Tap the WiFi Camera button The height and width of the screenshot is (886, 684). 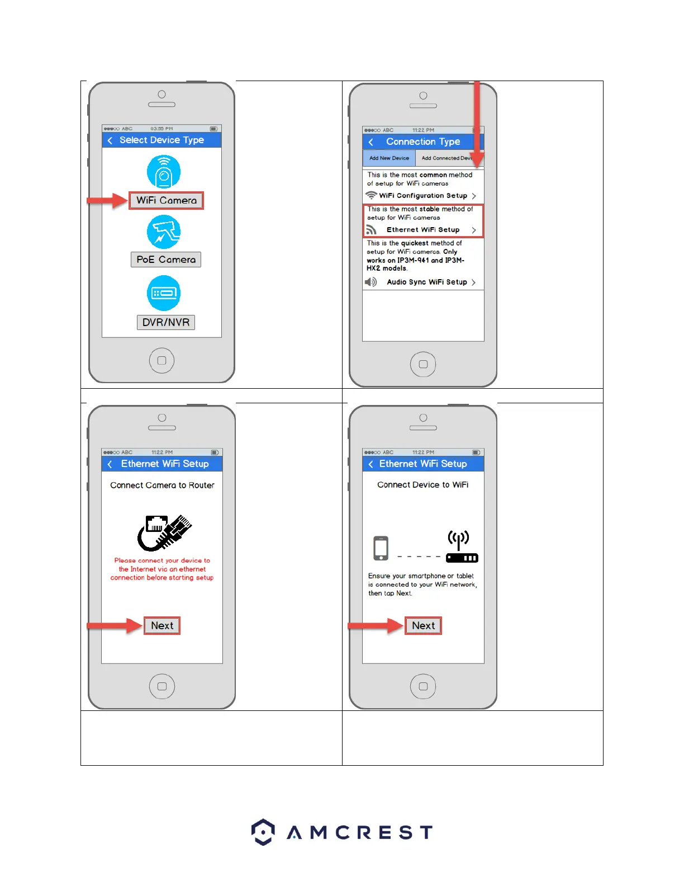(x=166, y=200)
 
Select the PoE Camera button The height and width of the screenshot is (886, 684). (x=166, y=260)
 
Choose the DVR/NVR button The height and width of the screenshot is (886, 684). (x=166, y=322)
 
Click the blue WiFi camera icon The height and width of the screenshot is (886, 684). (x=164, y=172)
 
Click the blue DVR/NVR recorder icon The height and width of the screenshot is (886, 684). (x=164, y=293)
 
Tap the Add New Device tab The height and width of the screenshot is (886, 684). (x=389, y=158)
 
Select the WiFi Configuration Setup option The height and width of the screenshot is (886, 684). (x=423, y=196)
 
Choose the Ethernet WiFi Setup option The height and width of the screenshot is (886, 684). (x=423, y=230)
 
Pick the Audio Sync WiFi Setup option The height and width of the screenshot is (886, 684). (x=427, y=282)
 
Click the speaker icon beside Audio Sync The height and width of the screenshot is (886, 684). (x=370, y=282)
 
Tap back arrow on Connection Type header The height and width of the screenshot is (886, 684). (x=371, y=142)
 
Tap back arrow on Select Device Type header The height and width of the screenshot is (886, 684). (x=110, y=140)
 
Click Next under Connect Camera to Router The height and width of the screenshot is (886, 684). (x=162, y=625)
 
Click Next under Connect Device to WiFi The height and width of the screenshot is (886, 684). (x=423, y=625)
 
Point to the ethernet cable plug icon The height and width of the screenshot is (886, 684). (x=164, y=532)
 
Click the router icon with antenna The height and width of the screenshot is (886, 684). (x=461, y=548)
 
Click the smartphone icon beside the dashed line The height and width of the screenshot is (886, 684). (x=381, y=548)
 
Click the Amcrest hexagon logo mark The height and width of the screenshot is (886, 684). (x=263, y=832)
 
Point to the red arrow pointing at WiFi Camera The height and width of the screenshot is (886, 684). (x=107, y=200)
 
